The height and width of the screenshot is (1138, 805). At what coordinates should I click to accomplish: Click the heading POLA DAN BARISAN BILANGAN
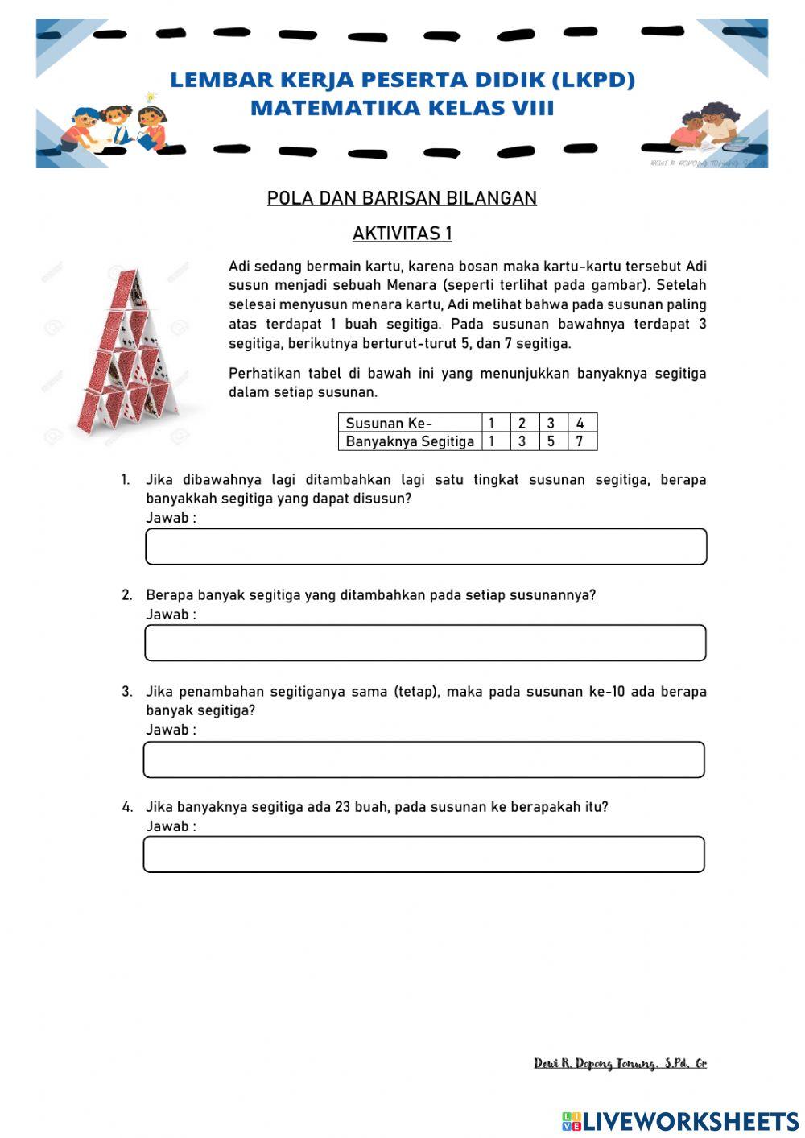[x=402, y=198]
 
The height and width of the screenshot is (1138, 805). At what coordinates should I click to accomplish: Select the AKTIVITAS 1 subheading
[x=402, y=234]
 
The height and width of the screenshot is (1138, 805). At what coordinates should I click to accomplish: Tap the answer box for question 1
[x=426, y=547]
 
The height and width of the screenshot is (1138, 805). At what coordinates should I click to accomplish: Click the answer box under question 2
[x=425, y=643]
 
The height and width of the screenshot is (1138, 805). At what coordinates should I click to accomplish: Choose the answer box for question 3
[x=423, y=759]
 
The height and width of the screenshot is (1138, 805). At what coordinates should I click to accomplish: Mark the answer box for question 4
[x=423, y=855]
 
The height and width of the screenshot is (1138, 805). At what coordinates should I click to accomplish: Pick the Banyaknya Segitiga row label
[x=409, y=441]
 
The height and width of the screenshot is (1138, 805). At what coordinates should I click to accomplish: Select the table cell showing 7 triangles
[x=580, y=441]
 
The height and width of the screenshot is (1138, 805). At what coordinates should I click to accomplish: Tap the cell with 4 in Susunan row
[x=580, y=423]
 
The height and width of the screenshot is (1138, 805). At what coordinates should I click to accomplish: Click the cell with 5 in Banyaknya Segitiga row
[x=551, y=441]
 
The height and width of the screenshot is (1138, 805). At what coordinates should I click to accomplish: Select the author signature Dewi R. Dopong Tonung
[x=620, y=1064]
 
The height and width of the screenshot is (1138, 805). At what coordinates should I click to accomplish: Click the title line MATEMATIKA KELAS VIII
[x=402, y=108]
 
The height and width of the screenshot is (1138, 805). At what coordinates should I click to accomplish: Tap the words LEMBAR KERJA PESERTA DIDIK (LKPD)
[x=402, y=80]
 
